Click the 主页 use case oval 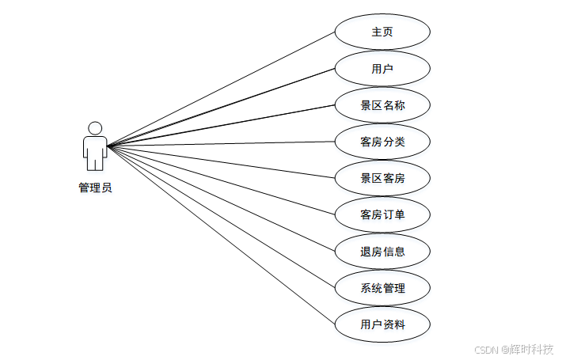382,32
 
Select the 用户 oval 382,69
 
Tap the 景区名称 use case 382,105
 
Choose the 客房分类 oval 382,142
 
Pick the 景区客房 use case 382,178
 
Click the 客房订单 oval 382,214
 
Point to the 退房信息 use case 382,252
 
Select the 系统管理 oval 382,288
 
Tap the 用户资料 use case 382,324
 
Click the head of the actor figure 95,128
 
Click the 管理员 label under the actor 95,188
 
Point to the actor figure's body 95,150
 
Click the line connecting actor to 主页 222,89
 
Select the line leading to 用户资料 222,236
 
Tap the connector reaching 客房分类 222,144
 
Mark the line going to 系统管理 222,218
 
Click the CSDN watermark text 484,350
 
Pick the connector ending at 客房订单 222,180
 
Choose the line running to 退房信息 222,199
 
